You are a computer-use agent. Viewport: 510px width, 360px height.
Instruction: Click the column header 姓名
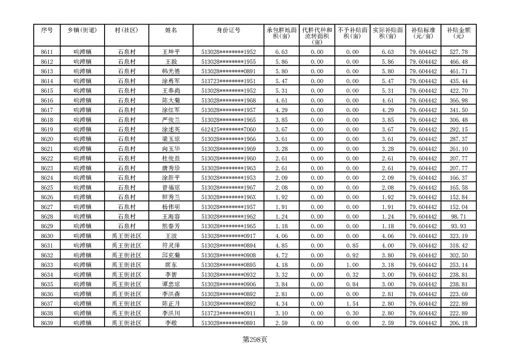171,30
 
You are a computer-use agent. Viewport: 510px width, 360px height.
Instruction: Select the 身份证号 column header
228,30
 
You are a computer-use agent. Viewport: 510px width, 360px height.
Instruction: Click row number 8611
47,52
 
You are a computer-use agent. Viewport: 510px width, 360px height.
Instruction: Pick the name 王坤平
171,52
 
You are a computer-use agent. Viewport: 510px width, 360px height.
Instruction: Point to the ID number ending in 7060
228,129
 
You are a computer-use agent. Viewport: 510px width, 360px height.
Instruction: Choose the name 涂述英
171,129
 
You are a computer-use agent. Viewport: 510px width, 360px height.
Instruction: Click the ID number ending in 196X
228,197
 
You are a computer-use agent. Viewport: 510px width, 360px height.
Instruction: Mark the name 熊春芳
171,226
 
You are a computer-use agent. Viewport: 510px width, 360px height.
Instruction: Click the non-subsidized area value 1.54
352,304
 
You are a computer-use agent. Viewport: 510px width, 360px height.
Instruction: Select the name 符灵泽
171,246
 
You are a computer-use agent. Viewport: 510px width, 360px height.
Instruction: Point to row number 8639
47,323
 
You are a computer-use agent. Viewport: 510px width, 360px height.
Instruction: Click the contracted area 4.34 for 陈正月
281,304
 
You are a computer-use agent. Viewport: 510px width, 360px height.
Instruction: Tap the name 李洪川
171,313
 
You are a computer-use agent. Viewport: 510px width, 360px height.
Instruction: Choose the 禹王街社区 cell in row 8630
126,236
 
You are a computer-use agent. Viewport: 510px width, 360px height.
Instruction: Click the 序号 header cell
47,30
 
